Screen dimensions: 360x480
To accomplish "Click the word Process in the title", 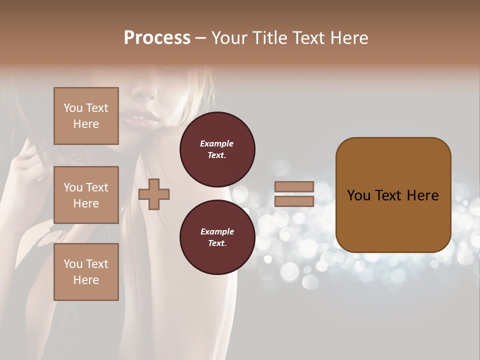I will coord(157,38).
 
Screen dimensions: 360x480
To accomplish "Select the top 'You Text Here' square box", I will coord(86,116).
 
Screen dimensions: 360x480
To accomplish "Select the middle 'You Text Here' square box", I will coord(86,195).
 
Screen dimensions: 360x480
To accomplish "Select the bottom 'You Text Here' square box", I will coord(86,272).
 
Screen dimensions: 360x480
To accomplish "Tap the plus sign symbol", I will coord(153,194).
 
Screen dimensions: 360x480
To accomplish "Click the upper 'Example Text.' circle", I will coord(217,149).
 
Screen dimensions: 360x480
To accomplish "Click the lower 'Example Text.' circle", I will coord(217,237).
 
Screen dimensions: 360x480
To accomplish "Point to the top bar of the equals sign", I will coord(294,186).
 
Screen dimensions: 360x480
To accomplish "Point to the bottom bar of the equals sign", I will coord(294,201).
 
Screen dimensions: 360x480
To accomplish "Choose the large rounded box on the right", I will coord(393,195).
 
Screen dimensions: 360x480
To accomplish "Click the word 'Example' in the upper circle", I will coord(217,143).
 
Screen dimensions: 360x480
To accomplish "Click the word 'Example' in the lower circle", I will coord(217,231).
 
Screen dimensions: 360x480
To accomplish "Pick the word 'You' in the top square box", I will coord(73,108).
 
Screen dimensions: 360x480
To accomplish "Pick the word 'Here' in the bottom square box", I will coord(86,280).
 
